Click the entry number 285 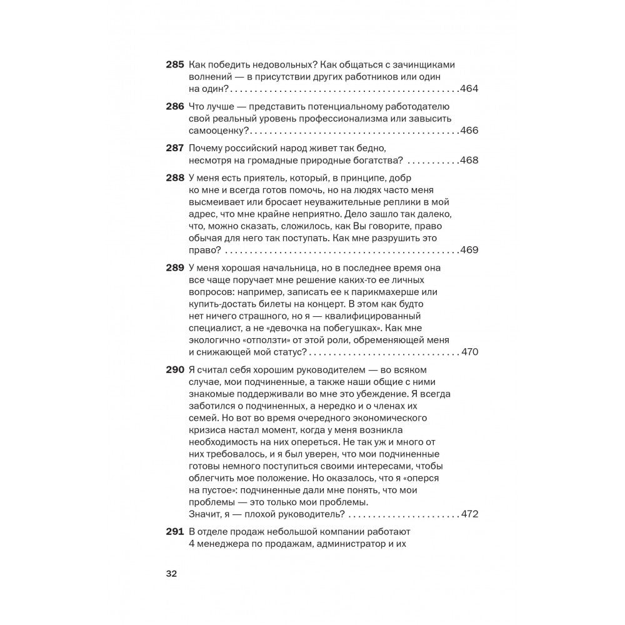pos(174,65)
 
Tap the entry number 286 pos(174,107)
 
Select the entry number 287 pos(174,148)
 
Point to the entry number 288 pos(174,178)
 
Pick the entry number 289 pos(174,268)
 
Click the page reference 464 pos(469,89)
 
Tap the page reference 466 pos(469,130)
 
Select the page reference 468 pos(469,161)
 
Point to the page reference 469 pos(469,250)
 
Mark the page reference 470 pos(469,352)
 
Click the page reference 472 pos(469,514)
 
